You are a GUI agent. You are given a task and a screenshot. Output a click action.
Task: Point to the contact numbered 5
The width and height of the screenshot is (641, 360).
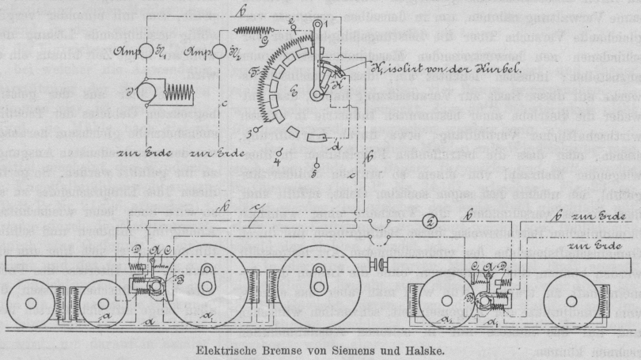pos(315,192)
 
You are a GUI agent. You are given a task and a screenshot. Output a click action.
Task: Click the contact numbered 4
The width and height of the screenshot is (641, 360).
pos(277,184)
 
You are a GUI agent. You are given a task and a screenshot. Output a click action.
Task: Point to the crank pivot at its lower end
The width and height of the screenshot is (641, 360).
pos(317,118)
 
